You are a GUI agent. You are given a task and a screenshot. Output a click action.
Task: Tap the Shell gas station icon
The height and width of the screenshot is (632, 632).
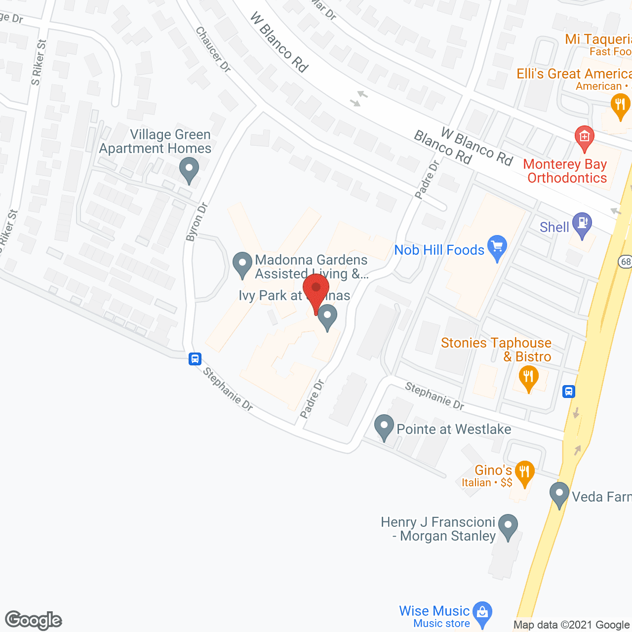(x=582, y=225)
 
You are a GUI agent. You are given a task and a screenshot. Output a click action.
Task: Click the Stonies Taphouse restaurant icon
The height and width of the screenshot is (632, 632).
(x=528, y=378)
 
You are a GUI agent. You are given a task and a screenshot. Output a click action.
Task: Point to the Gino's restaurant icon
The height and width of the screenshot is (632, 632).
(x=524, y=473)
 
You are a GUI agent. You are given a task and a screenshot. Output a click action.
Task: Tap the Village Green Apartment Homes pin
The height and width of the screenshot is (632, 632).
(x=189, y=169)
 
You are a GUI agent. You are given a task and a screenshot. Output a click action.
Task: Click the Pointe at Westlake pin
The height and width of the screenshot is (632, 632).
(x=384, y=427)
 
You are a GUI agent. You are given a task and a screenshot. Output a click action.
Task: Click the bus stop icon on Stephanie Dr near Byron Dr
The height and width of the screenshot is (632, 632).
(x=195, y=358)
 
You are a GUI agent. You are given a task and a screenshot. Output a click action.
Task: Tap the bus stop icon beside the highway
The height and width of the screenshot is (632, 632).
(x=569, y=392)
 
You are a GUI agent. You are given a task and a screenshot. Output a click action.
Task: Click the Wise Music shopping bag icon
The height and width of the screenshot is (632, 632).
(x=482, y=613)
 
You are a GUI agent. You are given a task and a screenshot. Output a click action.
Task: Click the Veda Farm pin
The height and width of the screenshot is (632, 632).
(x=559, y=494)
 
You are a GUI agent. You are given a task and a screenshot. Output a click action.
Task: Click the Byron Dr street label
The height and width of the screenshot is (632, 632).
(x=197, y=222)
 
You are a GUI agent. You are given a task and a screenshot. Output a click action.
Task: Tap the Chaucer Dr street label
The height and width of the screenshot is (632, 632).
(x=213, y=49)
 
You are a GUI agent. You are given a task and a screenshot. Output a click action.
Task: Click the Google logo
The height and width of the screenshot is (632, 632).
(x=34, y=620)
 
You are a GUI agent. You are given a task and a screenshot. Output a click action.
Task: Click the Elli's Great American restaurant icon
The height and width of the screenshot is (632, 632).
(x=620, y=106)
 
